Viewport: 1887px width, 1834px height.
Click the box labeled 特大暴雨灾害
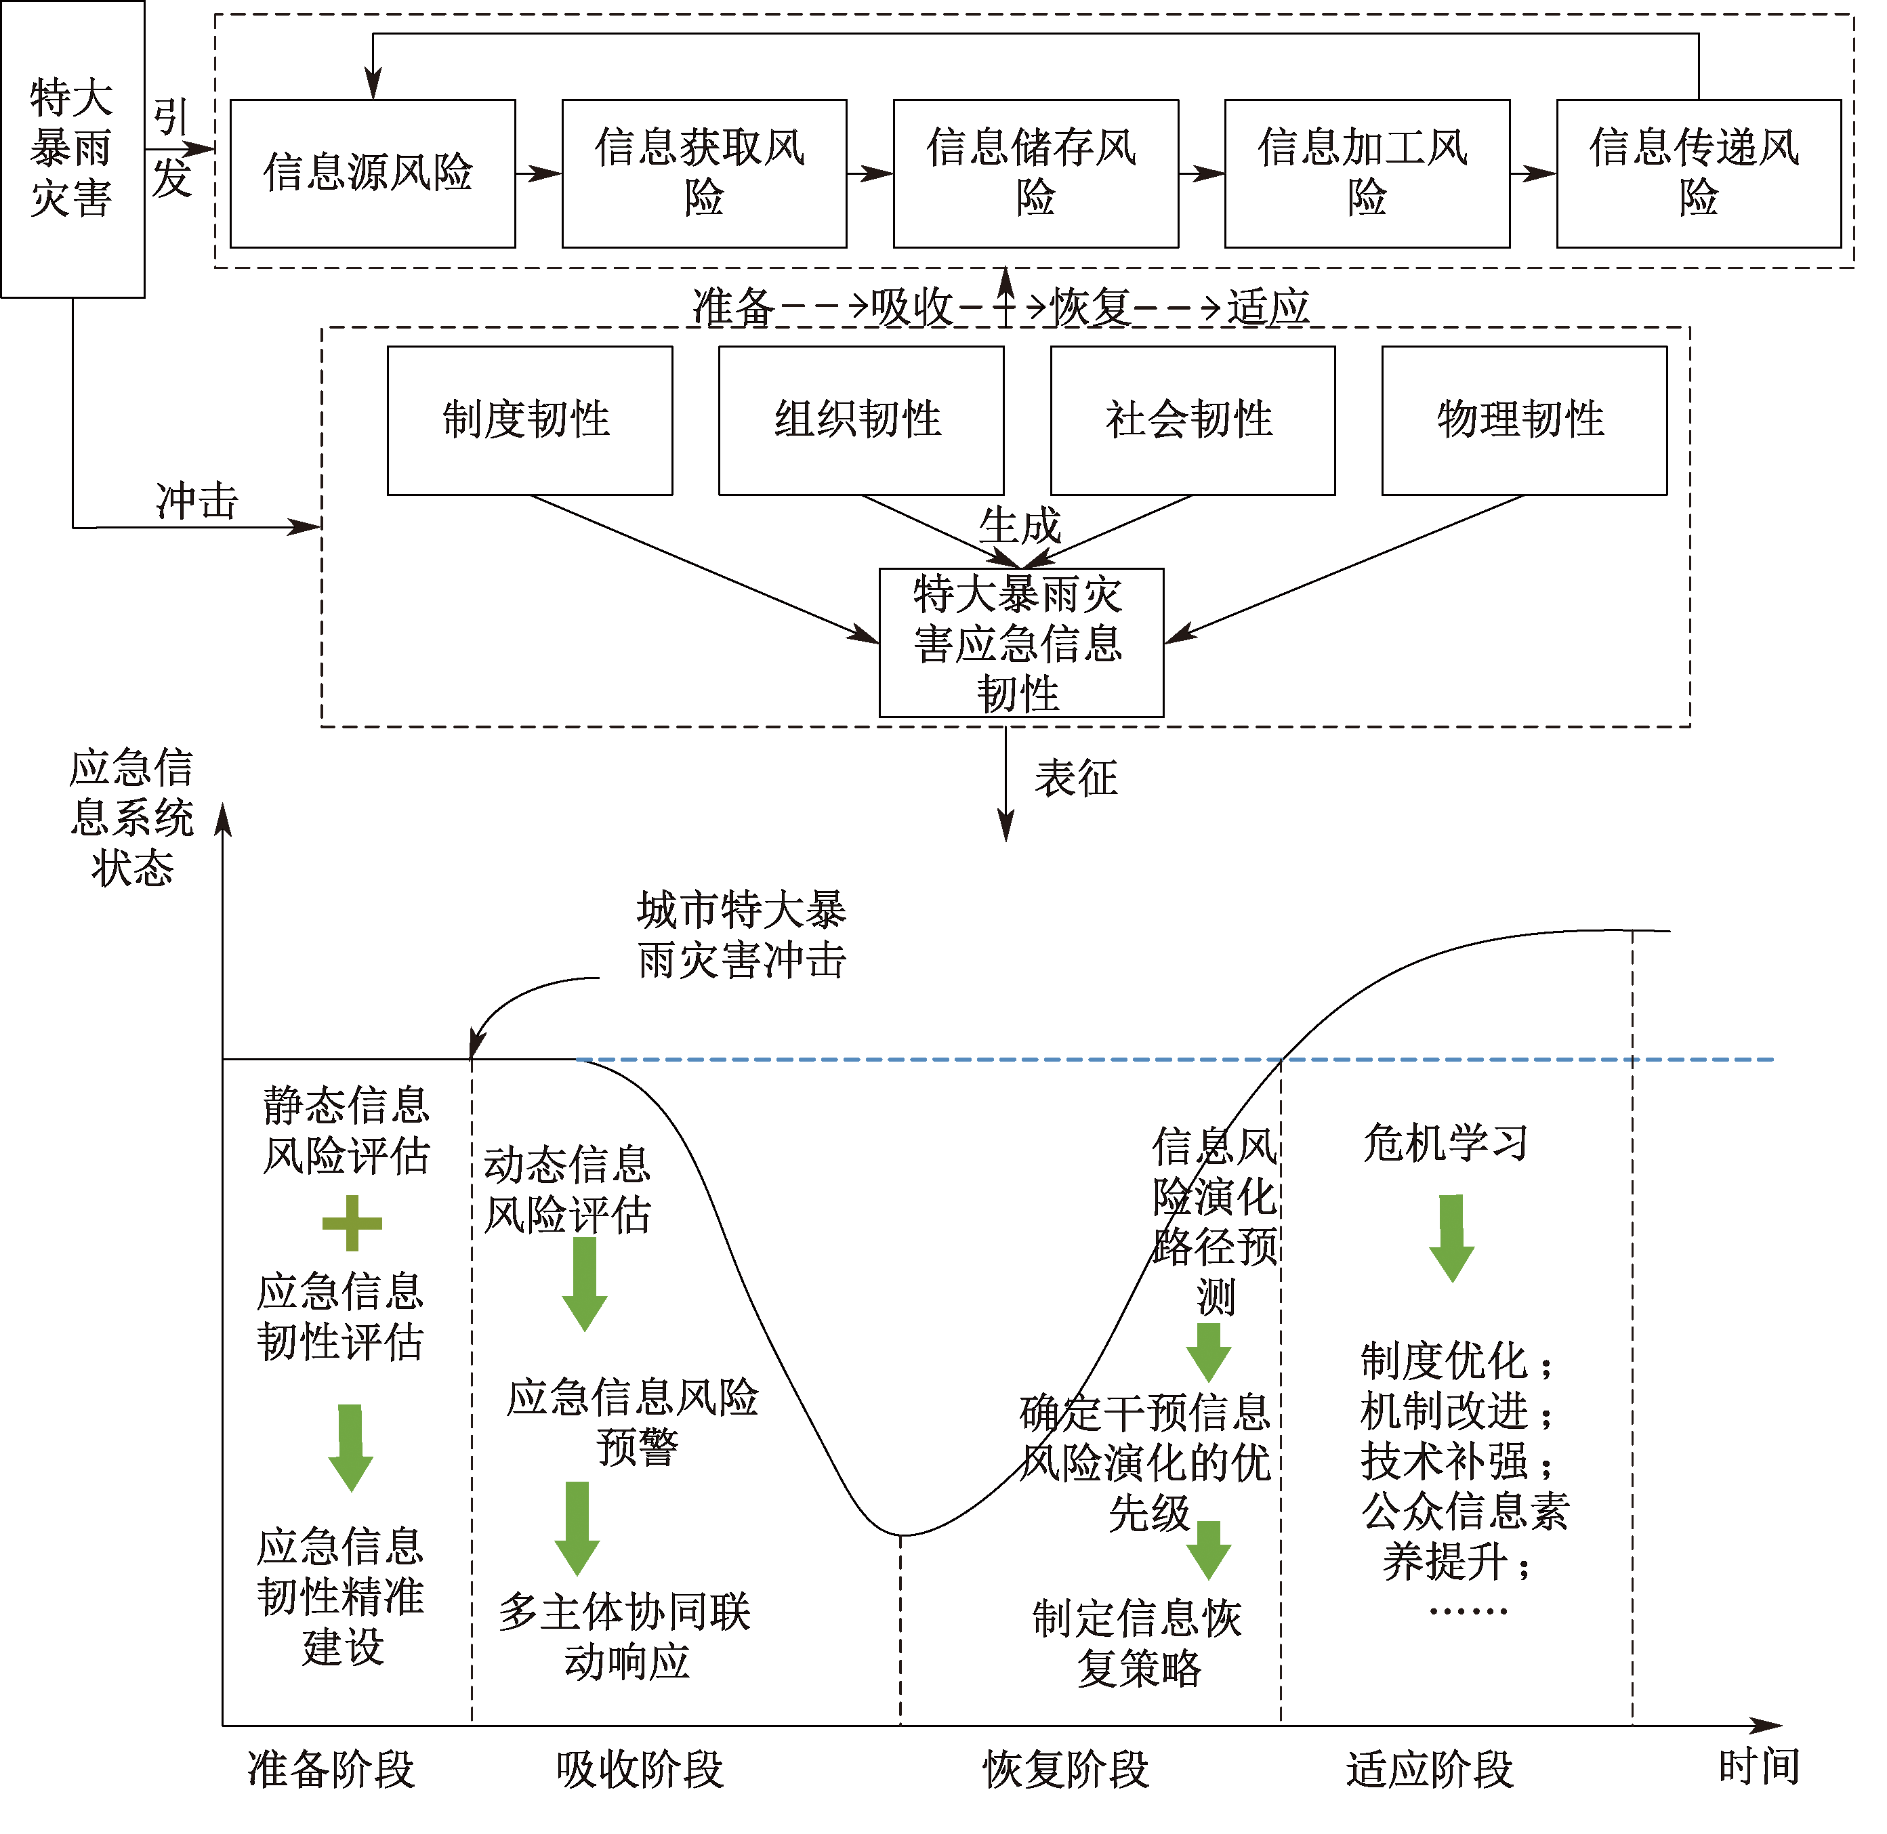(x=72, y=148)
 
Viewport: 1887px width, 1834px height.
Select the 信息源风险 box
(x=373, y=173)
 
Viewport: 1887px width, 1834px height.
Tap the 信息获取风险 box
(x=704, y=173)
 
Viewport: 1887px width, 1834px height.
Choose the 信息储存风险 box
(x=1035, y=173)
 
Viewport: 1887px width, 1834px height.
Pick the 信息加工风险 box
(x=1367, y=173)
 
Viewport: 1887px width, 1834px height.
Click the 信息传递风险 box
(x=1698, y=173)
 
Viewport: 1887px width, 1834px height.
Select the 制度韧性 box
(x=530, y=420)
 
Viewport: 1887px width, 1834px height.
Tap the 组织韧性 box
(x=861, y=420)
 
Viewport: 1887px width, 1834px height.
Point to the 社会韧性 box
(x=1193, y=420)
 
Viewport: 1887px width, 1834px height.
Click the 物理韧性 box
(x=1524, y=420)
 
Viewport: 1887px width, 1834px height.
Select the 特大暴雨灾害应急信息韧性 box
(x=1021, y=642)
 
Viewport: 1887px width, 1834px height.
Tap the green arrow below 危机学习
(x=1451, y=1238)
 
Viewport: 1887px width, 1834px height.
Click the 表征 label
(x=1076, y=778)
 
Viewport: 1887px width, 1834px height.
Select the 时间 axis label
(x=1759, y=1766)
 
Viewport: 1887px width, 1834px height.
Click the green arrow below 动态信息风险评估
(x=584, y=1284)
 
